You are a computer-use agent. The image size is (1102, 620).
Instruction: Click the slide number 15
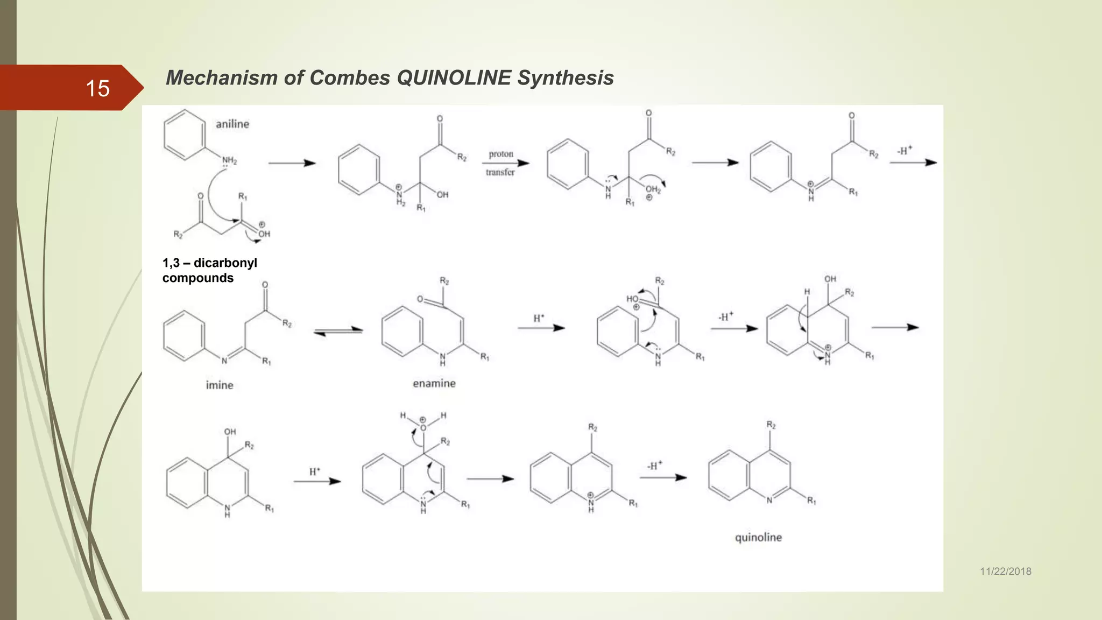[97, 88]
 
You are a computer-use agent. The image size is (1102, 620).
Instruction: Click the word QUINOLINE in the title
[454, 78]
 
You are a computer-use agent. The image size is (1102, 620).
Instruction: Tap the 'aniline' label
[232, 124]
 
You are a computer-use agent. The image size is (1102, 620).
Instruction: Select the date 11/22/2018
[1005, 572]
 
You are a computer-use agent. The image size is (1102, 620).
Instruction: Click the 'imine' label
[220, 385]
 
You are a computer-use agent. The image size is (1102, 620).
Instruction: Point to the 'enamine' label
[434, 384]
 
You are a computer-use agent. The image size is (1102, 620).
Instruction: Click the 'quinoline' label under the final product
[758, 538]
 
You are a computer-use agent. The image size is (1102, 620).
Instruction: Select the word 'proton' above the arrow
[501, 154]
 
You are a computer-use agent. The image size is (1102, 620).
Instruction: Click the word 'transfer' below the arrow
[500, 172]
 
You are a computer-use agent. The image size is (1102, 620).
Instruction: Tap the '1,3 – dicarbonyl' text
[210, 263]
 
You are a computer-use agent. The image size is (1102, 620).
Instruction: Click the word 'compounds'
[198, 278]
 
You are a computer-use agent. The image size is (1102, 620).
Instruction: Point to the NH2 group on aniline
[230, 160]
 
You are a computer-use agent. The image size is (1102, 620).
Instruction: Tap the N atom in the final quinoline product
[769, 500]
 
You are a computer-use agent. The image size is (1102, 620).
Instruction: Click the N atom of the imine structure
[224, 361]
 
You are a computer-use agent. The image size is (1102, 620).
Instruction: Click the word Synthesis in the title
[565, 78]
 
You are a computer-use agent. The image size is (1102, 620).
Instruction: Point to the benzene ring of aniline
[185, 135]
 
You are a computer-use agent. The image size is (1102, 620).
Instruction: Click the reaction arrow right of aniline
[292, 163]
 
